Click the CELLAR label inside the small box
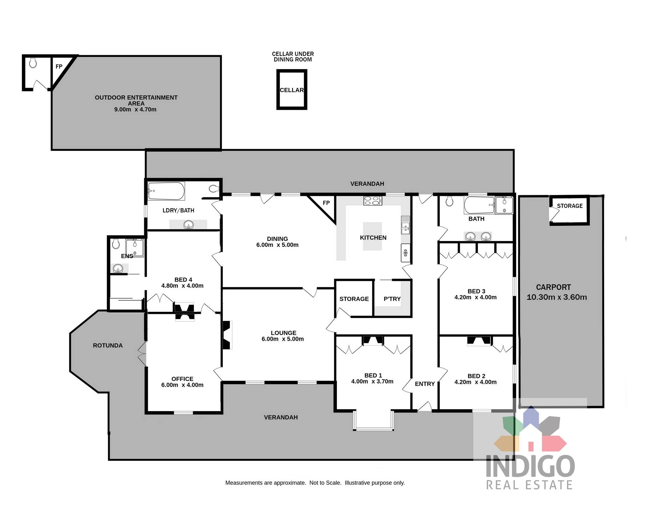click(x=291, y=90)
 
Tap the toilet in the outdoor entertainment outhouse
click(x=33, y=63)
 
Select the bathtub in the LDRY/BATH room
click(x=166, y=191)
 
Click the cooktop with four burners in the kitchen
click(x=373, y=201)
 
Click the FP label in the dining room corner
click(x=326, y=203)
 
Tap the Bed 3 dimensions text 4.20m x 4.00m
click(x=475, y=297)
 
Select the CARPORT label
click(x=553, y=287)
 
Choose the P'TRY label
click(x=392, y=299)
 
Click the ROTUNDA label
click(x=108, y=345)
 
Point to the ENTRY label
click(x=424, y=384)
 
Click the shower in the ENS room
click(x=134, y=247)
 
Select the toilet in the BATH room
click(x=449, y=202)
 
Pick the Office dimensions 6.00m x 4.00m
click(x=182, y=385)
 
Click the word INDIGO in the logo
click(x=530, y=466)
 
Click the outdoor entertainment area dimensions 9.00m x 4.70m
click(x=135, y=110)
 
